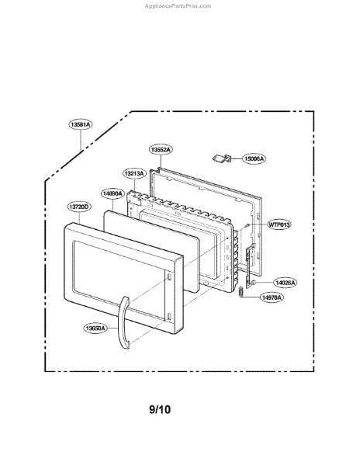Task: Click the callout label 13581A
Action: (81, 124)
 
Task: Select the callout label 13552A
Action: (161, 149)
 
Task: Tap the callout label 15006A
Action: (254, 158)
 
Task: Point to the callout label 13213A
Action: (134, 173)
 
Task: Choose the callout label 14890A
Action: (112, 193)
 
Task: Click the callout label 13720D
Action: (79, 207)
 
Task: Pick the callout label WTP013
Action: (279, 224)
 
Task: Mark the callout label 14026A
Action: (286, 283)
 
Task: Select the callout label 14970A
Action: (272, 297)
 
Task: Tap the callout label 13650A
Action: (95, 328)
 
